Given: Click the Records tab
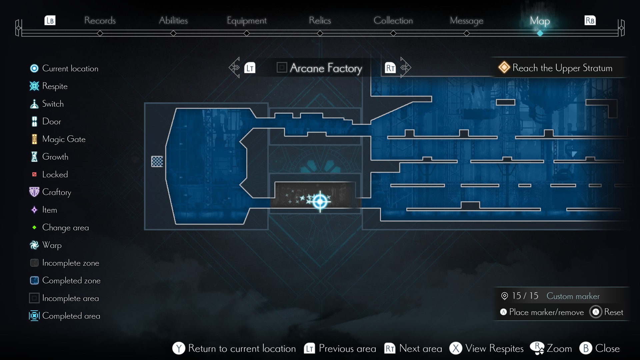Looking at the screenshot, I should (100, 21).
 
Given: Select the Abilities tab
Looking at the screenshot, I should (173, 21).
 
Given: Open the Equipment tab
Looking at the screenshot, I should (246, 21).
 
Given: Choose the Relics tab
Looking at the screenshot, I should (320, 21).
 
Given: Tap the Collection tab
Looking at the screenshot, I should (393, 21).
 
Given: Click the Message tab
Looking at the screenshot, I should (466, 21).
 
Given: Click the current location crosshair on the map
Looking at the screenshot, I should (320, 201).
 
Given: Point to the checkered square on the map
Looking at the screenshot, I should (157, 161).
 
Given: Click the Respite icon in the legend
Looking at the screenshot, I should (34, 86).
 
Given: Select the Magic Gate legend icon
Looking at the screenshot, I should (34, 139).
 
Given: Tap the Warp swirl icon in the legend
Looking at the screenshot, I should (34, 245).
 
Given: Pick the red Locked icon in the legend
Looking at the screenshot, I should (34, 174).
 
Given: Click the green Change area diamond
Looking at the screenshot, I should (34, 227).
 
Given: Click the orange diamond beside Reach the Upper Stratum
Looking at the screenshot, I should (504, 67).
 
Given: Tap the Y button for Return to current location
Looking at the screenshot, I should (179, 348).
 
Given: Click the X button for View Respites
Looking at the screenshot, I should (456, 348).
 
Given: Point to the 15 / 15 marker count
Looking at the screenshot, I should (525, 296).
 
